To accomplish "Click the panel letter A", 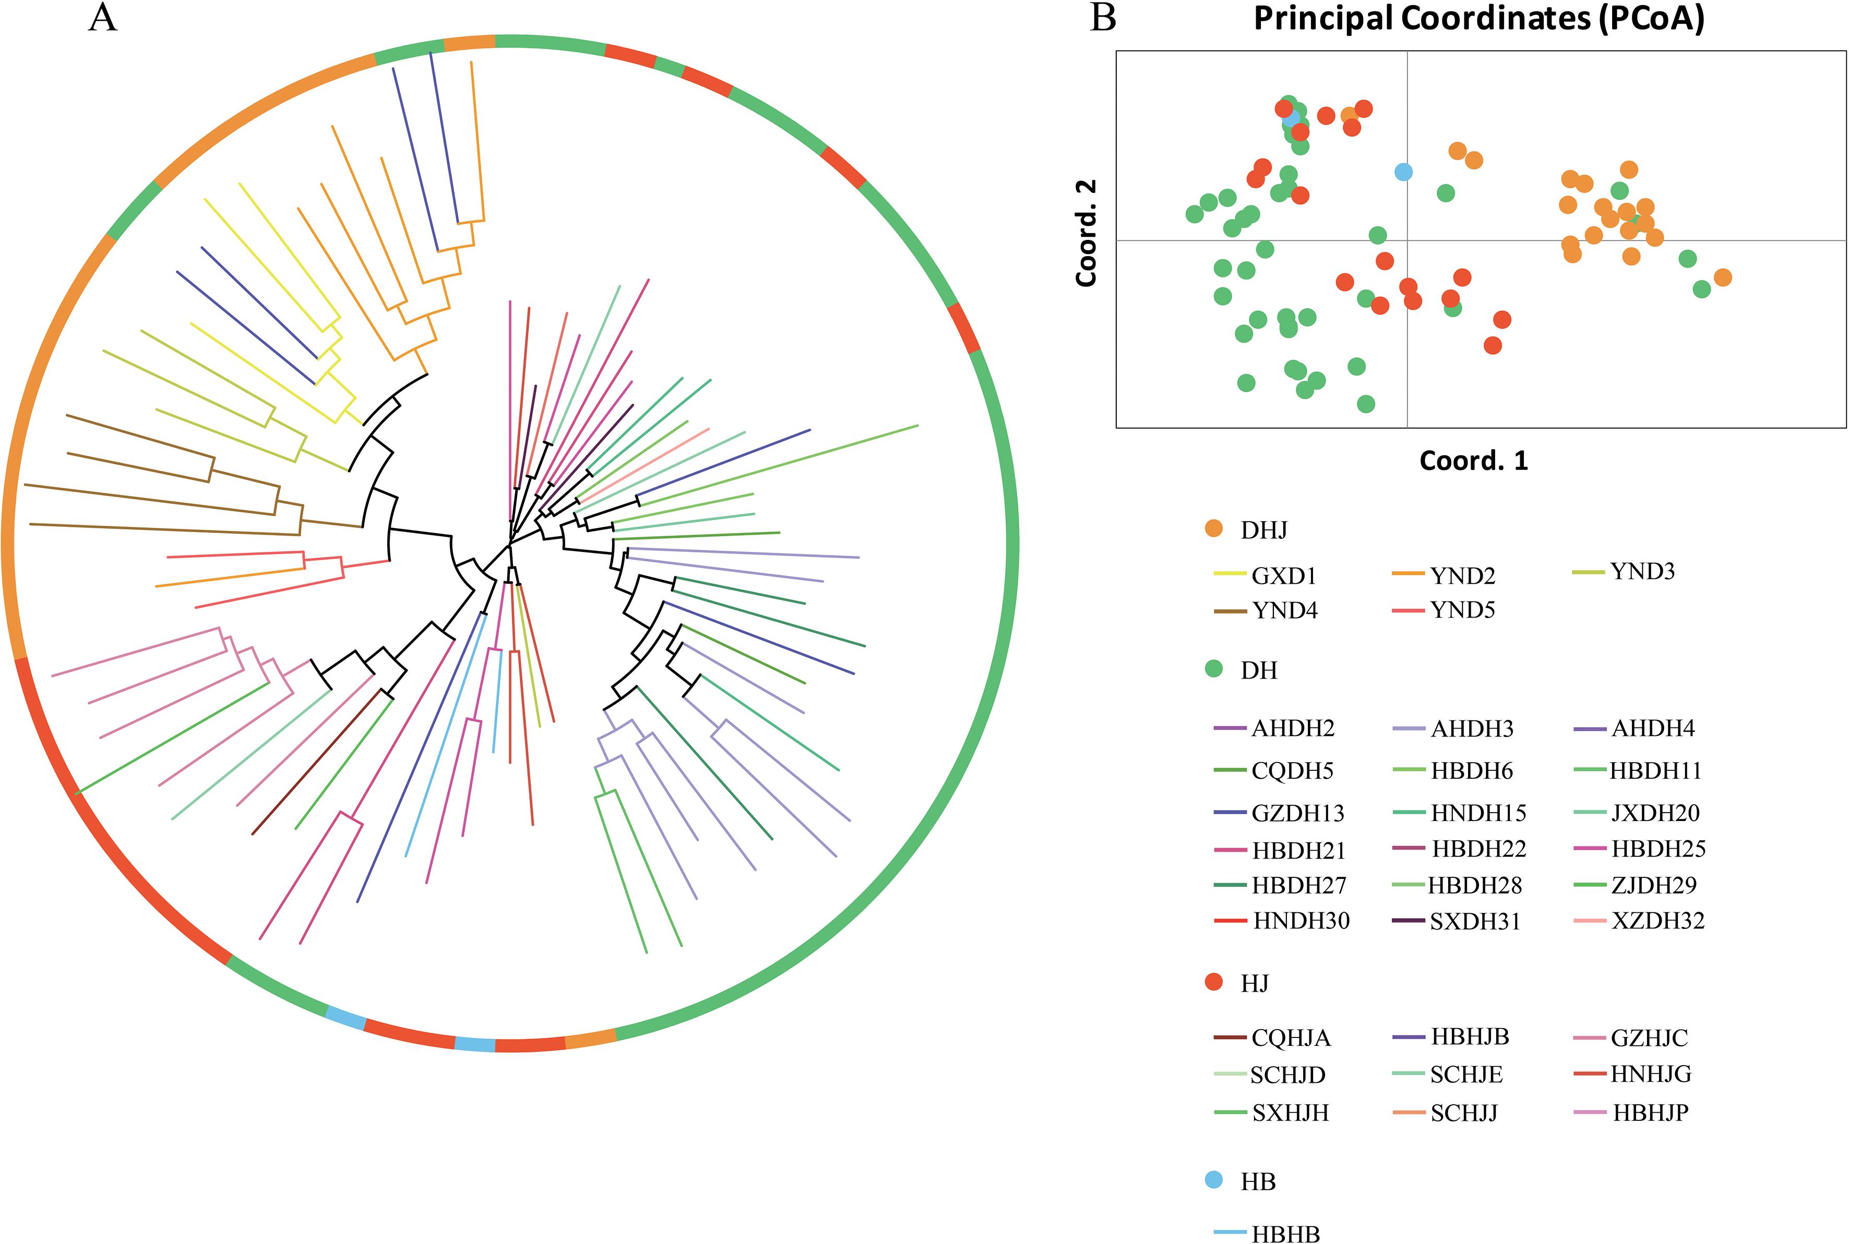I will click(103, 17).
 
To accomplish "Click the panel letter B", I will click(1104, 17).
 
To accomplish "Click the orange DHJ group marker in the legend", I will click(1213, 528).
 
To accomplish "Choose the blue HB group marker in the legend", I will click(1213, 1180).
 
